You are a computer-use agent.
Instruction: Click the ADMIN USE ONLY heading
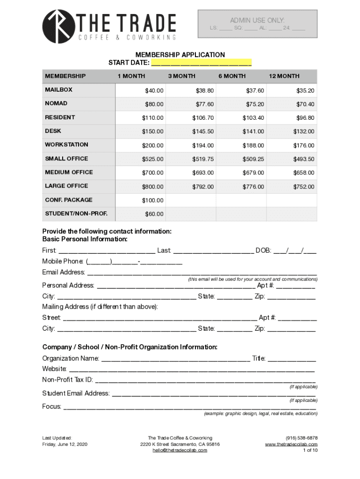point(257,20)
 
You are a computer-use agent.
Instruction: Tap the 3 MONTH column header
point(181,76)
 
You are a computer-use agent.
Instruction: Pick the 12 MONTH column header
point(284,76)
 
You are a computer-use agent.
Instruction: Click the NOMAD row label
point(56,103)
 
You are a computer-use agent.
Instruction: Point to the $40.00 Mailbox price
point(154,91)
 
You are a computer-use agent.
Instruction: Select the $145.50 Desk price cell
point(203,132)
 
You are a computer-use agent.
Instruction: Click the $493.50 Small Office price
point(304,160)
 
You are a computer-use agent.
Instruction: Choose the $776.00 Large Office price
point(253,187)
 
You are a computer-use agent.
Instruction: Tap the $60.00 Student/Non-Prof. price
point(154,214)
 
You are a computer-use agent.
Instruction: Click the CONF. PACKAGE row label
point(69,200)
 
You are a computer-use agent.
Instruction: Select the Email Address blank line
point(202,273)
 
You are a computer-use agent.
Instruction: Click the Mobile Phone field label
point(63,261)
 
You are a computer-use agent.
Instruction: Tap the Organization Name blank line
point(175,359)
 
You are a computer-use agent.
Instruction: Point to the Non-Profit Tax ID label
point(67,379)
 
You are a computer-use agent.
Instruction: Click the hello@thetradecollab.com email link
point(180,450)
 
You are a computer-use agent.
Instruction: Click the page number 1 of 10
point(310,450)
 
